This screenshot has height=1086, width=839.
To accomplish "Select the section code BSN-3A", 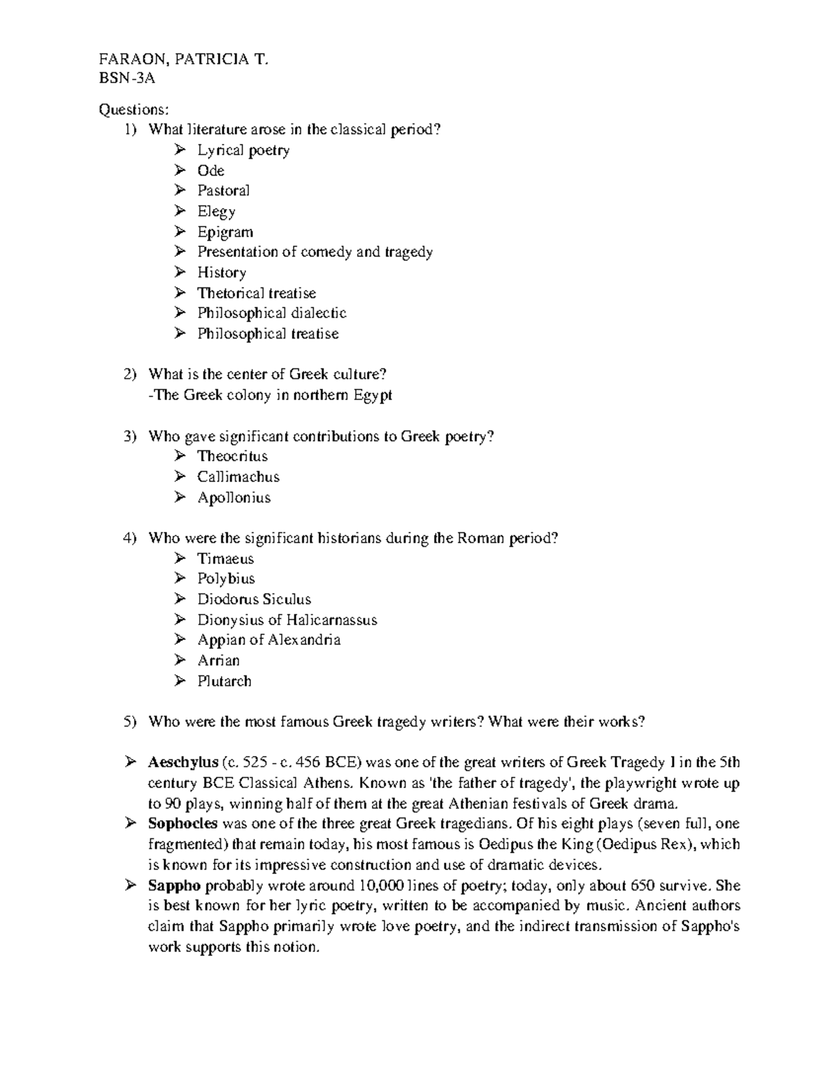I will click(127, 78).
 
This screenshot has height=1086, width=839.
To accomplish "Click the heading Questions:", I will click(134, 109).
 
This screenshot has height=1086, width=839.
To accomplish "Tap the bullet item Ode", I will click(210, 171).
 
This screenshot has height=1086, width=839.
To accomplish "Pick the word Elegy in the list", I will click(216, 211).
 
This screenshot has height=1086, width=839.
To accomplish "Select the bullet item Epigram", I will click(224, 232).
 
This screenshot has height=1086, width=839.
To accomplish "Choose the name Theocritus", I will click(232, 457).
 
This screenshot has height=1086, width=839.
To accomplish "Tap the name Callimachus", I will click(238, 477).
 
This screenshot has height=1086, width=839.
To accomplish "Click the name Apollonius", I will click(234, 498).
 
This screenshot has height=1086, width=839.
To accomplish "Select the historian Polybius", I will click(226, 579).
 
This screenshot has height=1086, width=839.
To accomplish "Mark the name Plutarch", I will click(224, 681).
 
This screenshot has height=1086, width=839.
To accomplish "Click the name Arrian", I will click(218, 661).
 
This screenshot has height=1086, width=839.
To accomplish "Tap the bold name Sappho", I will click(174, 886).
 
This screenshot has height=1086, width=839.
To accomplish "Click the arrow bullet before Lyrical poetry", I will click(180, 150).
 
